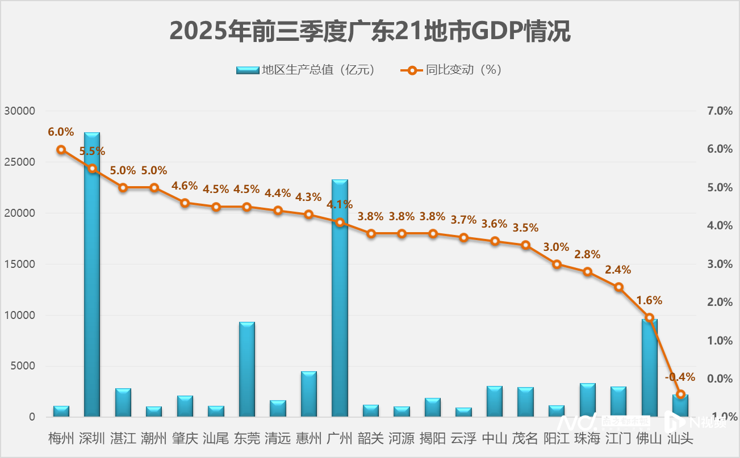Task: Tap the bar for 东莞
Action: pos(247,369)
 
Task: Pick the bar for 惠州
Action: pos(309,394)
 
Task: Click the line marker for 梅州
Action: pos(61,150)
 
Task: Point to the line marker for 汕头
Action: pos(681,394)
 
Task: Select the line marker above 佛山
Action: pos(650,318)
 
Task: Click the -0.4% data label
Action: pos(680,377)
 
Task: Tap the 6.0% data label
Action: pos(61,132)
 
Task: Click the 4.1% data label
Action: pos(340,204)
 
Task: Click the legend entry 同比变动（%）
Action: pos(452,70)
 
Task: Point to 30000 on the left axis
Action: pos(20,111)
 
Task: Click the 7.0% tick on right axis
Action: pos(718,111)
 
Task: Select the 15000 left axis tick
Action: pos(20,264)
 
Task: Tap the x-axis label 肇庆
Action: pos(185,438)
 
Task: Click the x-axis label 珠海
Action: pos(587,438)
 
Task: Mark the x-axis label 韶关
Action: pos(370,438)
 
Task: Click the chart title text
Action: pos(370,31)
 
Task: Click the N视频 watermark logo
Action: pos(696,423)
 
